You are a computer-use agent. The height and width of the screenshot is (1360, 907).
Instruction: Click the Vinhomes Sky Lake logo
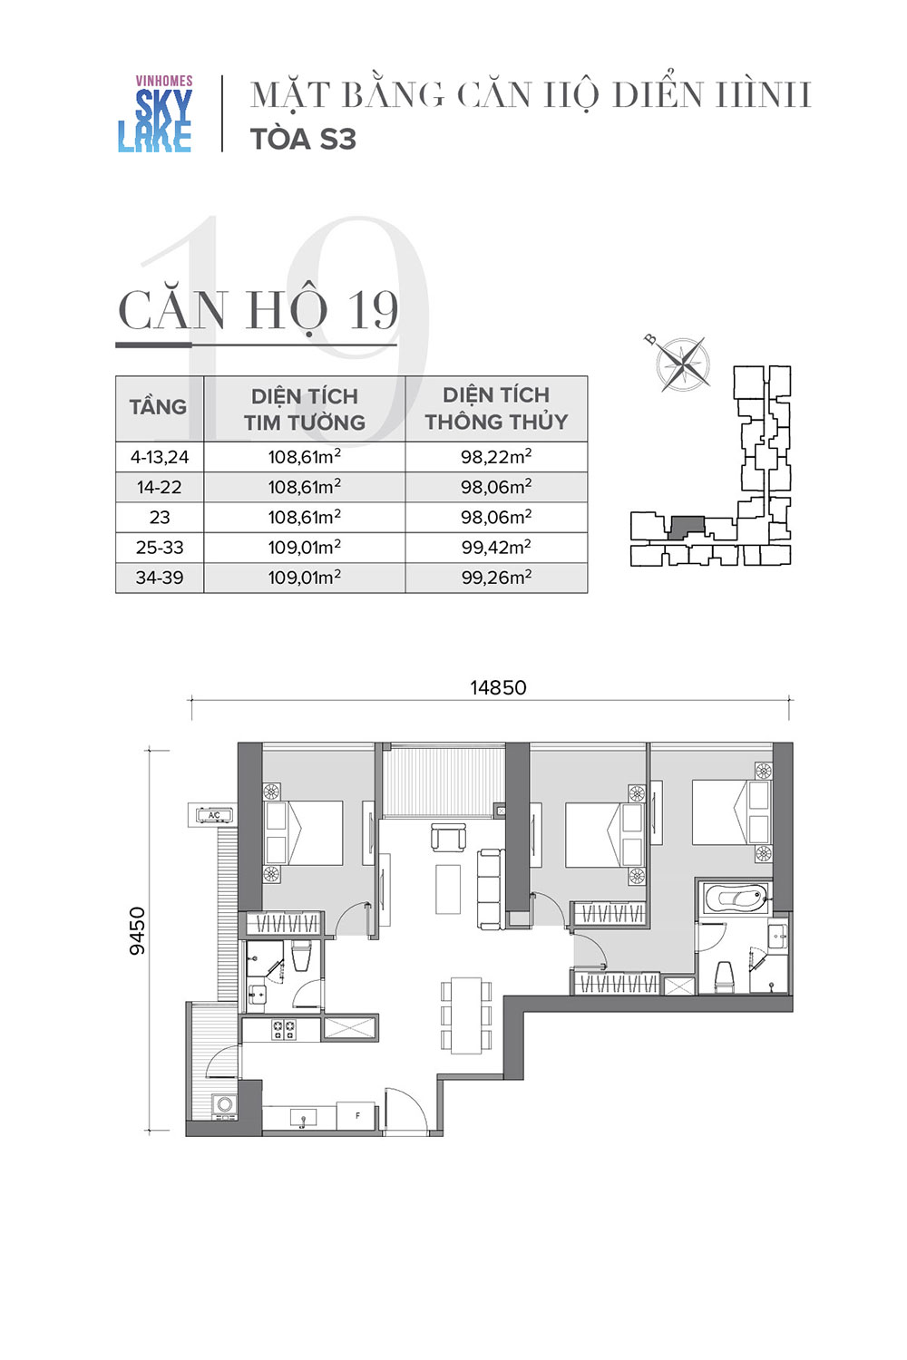[155, 113]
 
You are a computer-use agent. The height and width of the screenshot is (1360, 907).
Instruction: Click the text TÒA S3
[303, 140]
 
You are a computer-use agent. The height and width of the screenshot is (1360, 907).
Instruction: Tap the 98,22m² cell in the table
[496, 457]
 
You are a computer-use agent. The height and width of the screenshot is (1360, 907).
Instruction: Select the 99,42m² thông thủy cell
[496, 547]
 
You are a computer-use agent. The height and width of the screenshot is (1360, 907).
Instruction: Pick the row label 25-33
[160, 547]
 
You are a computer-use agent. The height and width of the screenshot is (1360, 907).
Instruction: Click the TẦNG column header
[158, 407]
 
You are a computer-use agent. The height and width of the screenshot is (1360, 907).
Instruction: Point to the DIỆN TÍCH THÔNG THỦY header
[496, 408]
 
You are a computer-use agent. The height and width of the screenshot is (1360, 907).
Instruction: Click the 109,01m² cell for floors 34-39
[305, 577]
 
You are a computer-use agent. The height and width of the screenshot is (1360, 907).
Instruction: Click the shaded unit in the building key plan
[687, 527]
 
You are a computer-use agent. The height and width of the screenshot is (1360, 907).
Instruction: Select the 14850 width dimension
[498, 688]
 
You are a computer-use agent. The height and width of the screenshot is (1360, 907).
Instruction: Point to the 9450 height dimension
[138, 931]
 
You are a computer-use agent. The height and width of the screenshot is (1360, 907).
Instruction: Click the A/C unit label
[214, 815]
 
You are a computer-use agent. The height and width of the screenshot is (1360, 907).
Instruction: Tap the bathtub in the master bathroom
[736, 898]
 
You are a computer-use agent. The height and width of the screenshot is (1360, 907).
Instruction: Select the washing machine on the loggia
[224, 1105]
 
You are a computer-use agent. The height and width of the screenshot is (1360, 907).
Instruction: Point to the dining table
[466, 1015]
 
